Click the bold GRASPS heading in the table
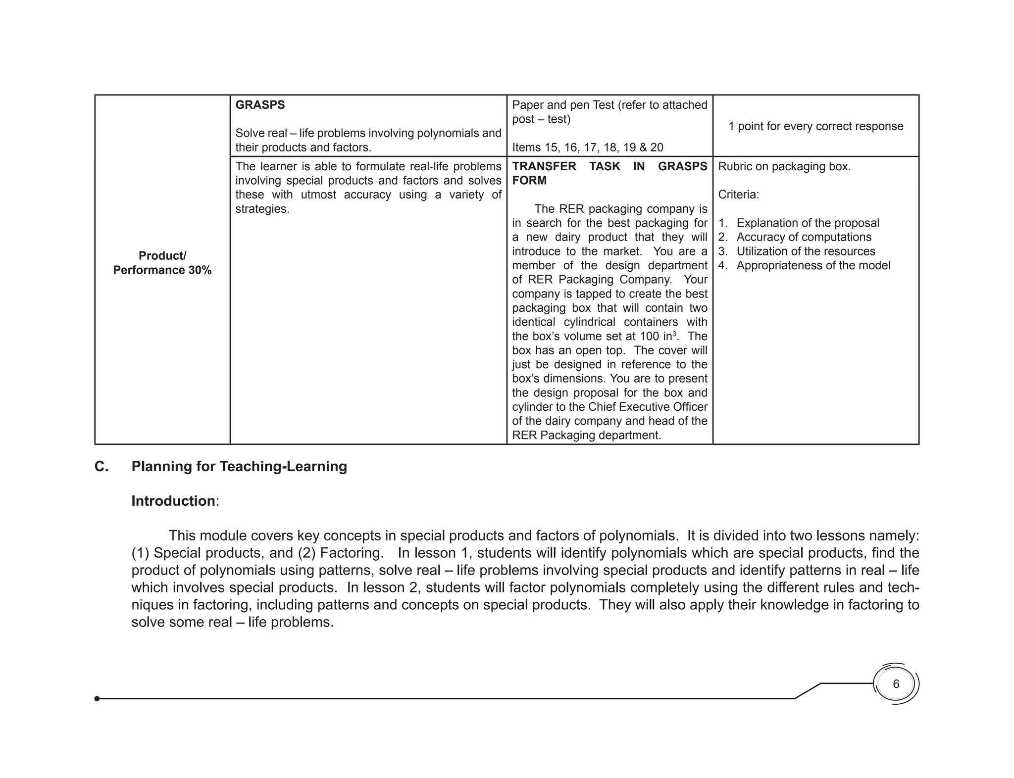260,105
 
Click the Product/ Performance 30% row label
162,263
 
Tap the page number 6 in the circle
896,684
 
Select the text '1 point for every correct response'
815,126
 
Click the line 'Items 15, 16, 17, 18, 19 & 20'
587,147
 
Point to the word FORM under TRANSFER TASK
529,181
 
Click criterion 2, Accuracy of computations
804,237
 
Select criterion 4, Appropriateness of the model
813,266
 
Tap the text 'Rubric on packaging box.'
784,167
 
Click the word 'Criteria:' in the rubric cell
738,195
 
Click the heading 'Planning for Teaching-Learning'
239,467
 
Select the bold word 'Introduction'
173,501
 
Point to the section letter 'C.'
101,467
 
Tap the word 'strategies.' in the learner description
262,209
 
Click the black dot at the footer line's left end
97,699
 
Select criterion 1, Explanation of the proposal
808,223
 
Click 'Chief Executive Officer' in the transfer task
648,407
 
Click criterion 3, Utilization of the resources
806,251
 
